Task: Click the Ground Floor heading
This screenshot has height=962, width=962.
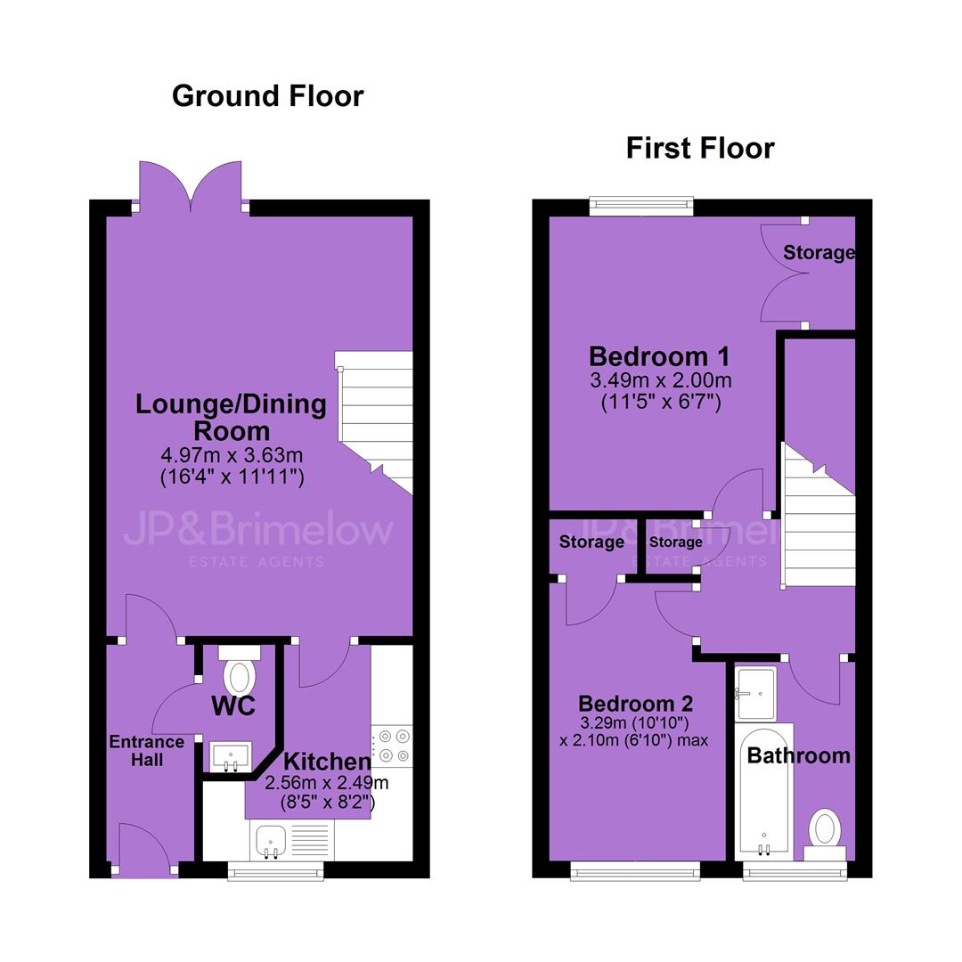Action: point(267,96)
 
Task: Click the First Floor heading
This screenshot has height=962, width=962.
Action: point(700,149)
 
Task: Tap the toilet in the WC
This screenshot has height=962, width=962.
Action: point(240,671)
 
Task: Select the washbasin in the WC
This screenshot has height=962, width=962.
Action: point(230,756)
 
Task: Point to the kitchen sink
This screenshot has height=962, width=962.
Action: point(271,841)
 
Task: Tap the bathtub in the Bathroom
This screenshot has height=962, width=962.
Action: point(764,792)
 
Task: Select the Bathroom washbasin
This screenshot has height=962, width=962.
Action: point(756,693)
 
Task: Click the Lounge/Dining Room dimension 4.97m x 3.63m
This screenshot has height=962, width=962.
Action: point(232,455)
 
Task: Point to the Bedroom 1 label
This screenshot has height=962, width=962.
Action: point(659,356)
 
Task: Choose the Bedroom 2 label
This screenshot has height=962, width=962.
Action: point(636,703)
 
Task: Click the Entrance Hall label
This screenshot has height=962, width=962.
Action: point(147,751)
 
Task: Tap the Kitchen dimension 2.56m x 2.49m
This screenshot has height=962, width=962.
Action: point(326,783)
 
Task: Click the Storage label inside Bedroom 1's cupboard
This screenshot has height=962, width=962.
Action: point(819,252)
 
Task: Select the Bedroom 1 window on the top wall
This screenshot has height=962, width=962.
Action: point(641,206)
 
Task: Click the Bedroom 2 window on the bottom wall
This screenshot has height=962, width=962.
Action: point(635,871)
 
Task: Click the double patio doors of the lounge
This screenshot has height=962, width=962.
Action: point(191,184)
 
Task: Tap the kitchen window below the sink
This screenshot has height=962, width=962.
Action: point(275,871)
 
